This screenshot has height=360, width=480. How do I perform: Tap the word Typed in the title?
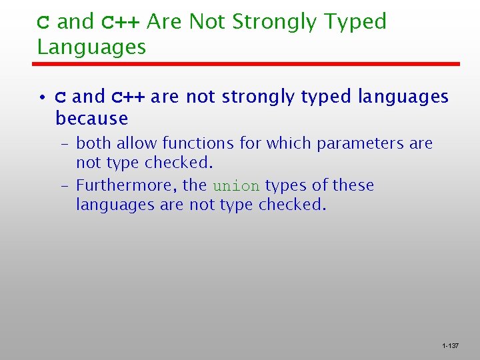click(x=355, y=23)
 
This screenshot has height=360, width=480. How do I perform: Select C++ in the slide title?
click(x=121, y=23)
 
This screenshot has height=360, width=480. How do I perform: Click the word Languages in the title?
click(x=91, y=47)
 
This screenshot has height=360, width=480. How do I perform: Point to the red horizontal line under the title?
click(x=247, y=64)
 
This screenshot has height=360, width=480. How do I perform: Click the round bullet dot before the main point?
click(x=41, y=98)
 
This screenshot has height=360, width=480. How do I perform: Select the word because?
click(x=92, y=119)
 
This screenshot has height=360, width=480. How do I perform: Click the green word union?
click(x=237, y=186)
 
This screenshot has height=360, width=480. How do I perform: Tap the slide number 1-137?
click(x=450, y=346)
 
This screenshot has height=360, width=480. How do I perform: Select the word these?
click(x=353, y=185)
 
